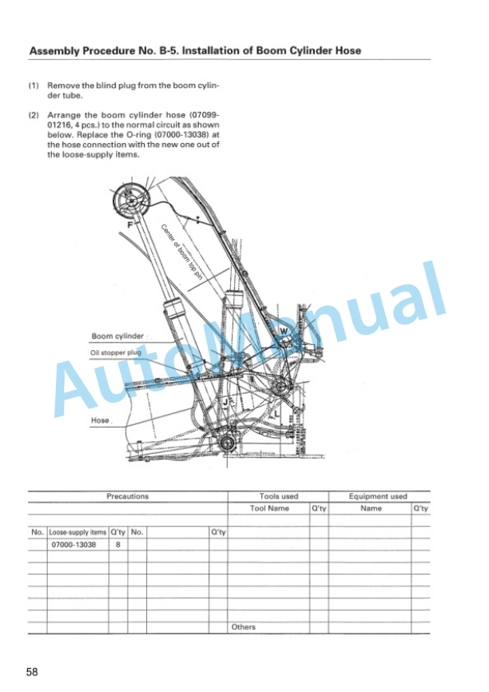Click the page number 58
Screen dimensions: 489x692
coord(32,672)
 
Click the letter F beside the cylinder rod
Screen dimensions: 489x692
coord(129,225)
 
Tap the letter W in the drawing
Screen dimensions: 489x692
coord(284,331)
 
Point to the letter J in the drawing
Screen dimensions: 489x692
coord(225,402)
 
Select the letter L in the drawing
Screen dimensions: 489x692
coord(276,415)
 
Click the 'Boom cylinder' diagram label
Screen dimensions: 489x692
coord(117,336)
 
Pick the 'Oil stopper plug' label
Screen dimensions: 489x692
coord(116,352)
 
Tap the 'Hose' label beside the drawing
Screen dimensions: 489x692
coord(100,420)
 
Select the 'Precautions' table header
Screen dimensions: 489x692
coord(128,496)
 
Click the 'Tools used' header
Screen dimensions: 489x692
coord(279,496)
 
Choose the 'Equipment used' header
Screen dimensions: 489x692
coord(378,496)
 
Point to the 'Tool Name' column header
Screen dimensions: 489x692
coord(269,508)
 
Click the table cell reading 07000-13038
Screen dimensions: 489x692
coord(74,545)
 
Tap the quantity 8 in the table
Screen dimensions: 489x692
coord(117,545)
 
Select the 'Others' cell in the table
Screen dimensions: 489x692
coord(243,627)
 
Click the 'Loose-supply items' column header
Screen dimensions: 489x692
coord(78,533)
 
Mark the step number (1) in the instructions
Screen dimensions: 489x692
coord(34,86)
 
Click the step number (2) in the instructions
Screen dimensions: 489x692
coord(34,115)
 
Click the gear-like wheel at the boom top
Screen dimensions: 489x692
coord(131,201)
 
